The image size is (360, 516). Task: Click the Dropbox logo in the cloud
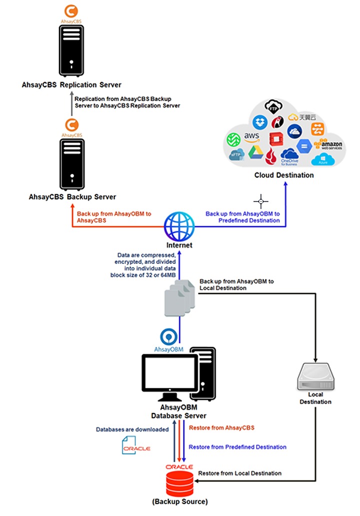click(259, 121)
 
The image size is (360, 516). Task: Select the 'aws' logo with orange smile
click(251, 137)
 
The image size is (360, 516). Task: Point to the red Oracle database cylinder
click(179, 483)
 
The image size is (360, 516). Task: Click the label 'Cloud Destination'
click(284, 175)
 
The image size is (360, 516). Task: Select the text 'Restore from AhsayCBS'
click(221, 428)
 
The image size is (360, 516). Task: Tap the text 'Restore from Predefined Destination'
click(237, 447)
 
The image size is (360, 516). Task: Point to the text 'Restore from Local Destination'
click(239, 473)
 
